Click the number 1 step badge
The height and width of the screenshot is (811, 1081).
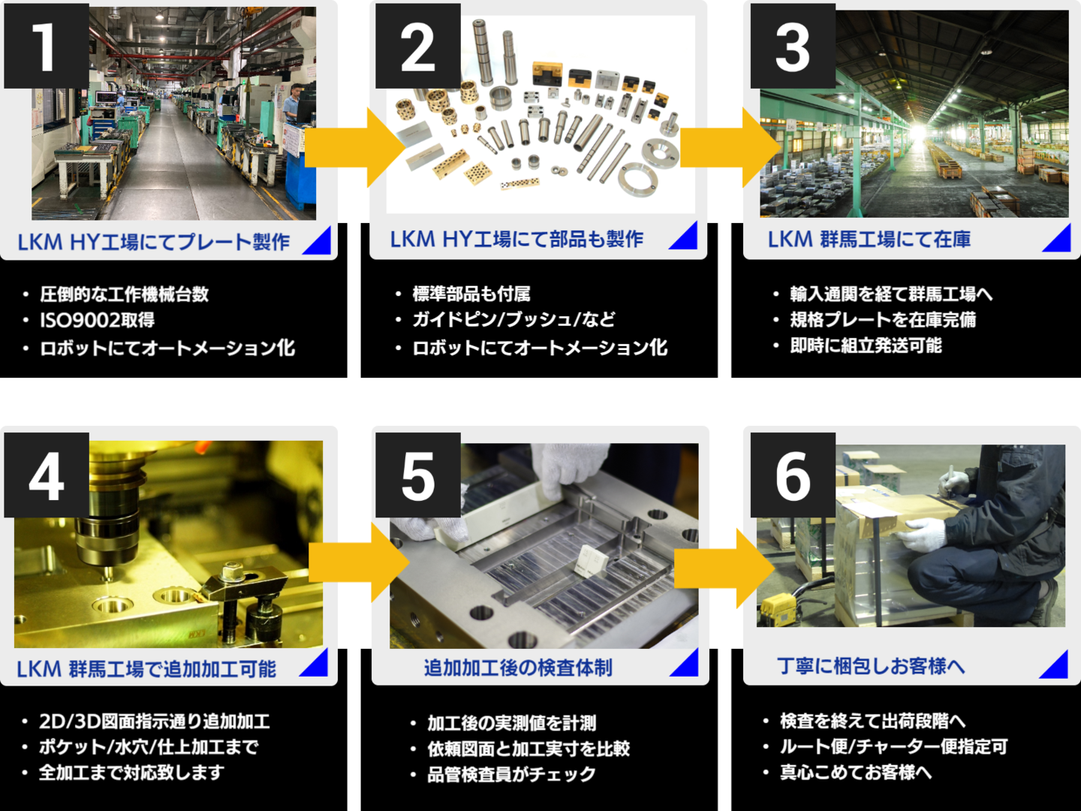tap(46, 47)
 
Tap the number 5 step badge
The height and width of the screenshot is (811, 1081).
tap(417, 475)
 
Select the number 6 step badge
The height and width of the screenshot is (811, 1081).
tap(793, 475)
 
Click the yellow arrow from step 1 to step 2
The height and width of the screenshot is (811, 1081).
tap(353, 147)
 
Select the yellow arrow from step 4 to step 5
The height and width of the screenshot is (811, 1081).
tap(357, 562)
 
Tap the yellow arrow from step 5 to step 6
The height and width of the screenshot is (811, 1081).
tap(724, 568)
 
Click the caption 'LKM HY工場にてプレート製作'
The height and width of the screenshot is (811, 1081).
tap(154, 242)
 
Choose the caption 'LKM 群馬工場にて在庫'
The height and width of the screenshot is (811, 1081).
tap(869, 240)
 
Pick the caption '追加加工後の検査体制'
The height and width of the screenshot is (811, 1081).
tap(518, 668)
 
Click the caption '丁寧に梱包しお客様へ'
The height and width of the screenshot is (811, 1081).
tap(871, 666)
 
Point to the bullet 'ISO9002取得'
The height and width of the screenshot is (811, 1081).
tap(98, 321)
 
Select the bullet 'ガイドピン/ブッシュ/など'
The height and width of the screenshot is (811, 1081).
tap(513, 320)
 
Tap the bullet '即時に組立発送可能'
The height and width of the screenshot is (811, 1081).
tap(866, 345)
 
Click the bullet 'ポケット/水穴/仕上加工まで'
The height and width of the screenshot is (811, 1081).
tap(149, 747)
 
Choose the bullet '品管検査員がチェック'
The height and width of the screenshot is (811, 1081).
tap(511, 774)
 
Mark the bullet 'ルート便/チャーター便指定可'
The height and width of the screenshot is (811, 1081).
tap(893, 747)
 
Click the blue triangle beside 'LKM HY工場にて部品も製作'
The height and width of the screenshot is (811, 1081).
tap(685, 237)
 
